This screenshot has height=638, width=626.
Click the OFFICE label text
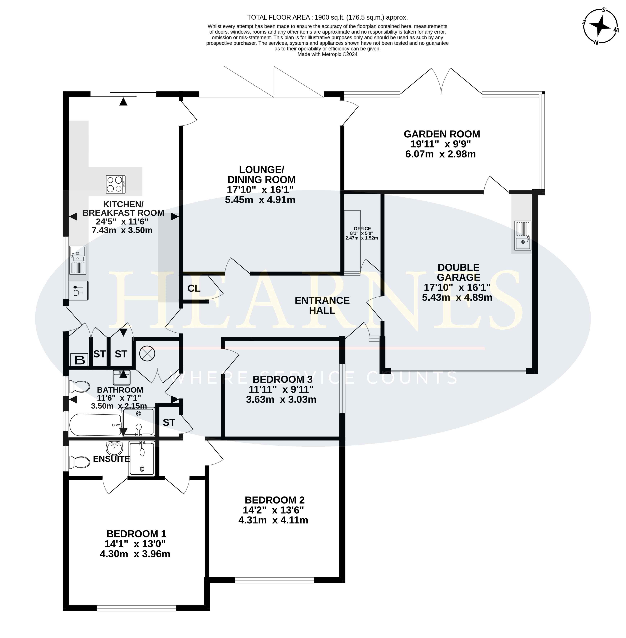362,228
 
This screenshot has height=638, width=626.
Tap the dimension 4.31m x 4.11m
273,520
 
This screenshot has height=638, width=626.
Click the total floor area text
328,17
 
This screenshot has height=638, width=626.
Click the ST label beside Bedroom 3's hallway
169,422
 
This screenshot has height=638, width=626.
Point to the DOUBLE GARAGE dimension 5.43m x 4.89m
457,297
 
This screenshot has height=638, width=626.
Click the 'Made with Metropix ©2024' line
328,54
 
